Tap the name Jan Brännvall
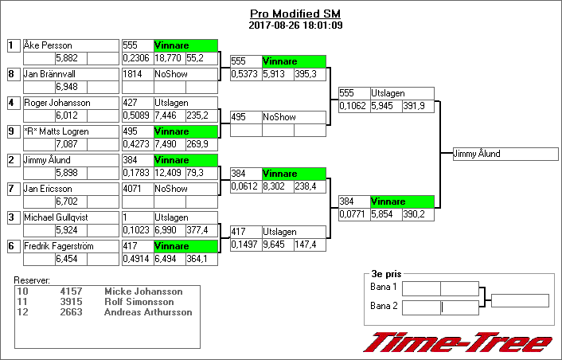coord(49,74)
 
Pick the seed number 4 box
coord(12,103)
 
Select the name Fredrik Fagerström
coord(58,246)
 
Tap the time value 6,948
coord(66,86)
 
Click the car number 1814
coord(131,74)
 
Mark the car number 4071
coord(131,189)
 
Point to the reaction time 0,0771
coord(352,214)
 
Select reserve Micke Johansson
coord(143,292)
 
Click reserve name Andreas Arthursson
coord(148,312)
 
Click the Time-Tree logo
coord(457,342)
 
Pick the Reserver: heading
coord(32,280)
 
